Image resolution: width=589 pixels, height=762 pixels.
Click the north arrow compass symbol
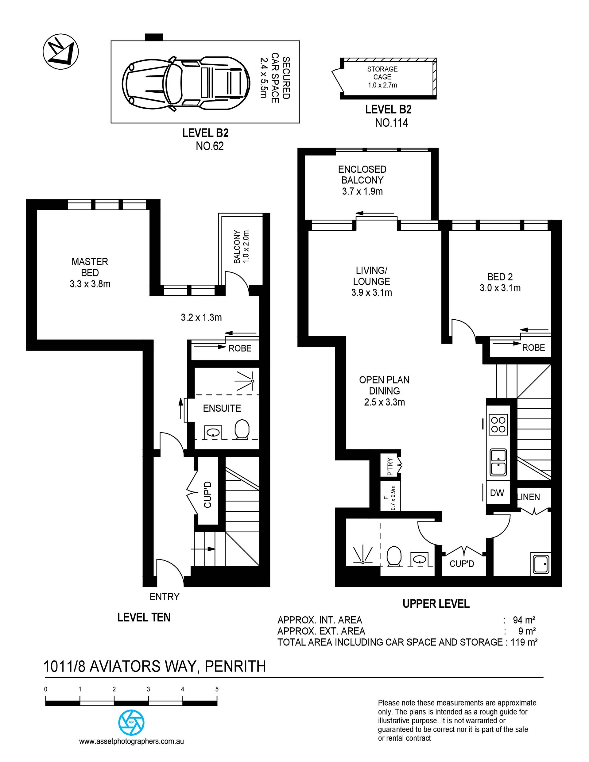click(x=61, y=54)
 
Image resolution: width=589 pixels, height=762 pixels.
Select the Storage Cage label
click(x=382, y=73)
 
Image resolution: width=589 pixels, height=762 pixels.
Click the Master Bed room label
click(x=90, y=267)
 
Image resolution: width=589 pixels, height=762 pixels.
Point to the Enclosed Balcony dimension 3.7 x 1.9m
click(x=362, y=191)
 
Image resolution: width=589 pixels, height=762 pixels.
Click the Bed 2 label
click(x=500, y=277)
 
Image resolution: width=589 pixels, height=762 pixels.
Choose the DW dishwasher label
click(x=497, y=493)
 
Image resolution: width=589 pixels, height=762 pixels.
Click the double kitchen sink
click(x=498, y=462)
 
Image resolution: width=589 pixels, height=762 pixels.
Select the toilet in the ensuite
click(x=242, y=429)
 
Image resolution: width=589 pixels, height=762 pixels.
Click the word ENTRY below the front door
click(x=165, y=597)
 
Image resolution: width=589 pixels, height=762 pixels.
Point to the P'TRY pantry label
click(x=390, y=467)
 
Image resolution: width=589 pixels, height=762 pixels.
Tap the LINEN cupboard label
click(x=529, y=497)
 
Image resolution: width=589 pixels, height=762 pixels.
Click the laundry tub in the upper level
click(x=540, y=564)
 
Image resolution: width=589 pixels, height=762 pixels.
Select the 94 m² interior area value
click(x=524, y=620)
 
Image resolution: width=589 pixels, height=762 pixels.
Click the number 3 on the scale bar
click(x=148, y=689)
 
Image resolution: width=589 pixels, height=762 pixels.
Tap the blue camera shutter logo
click(x=131, y=722)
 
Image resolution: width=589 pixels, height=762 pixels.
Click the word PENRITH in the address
click(x=235, y=666)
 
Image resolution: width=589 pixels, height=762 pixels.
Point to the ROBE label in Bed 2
click(x=533, y=348)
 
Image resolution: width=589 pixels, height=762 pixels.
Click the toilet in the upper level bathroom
click(x=394, y=556)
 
